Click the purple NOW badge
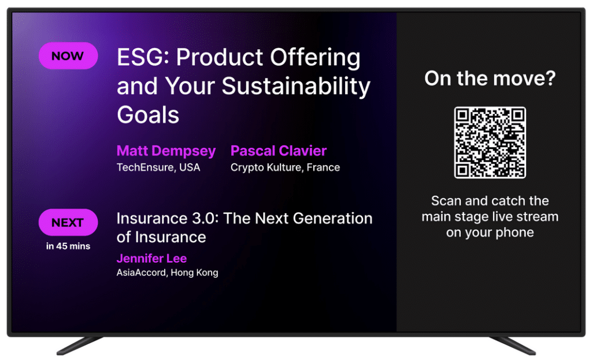tap(68, 56)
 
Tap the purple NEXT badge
tap(68, 222)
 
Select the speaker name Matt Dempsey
tap(166, 151)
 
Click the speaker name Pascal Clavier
tap(279, 151)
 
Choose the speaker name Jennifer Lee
tap(151, 258)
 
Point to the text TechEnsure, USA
tap(158, 168)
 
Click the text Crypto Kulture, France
tap(285, 168)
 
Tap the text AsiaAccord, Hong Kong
tap(167, 272)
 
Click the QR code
tap(490, 143)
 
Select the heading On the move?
tap(490, 79)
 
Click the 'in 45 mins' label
tap(68, 246)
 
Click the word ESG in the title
tap(143, 57)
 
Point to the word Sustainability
tap(295, 87)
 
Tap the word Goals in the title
tap(147, 115)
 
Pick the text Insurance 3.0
tap(168, 218)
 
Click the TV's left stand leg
tap(79, 346)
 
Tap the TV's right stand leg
tap(513, 346)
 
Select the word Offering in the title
tap(315, 58)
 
